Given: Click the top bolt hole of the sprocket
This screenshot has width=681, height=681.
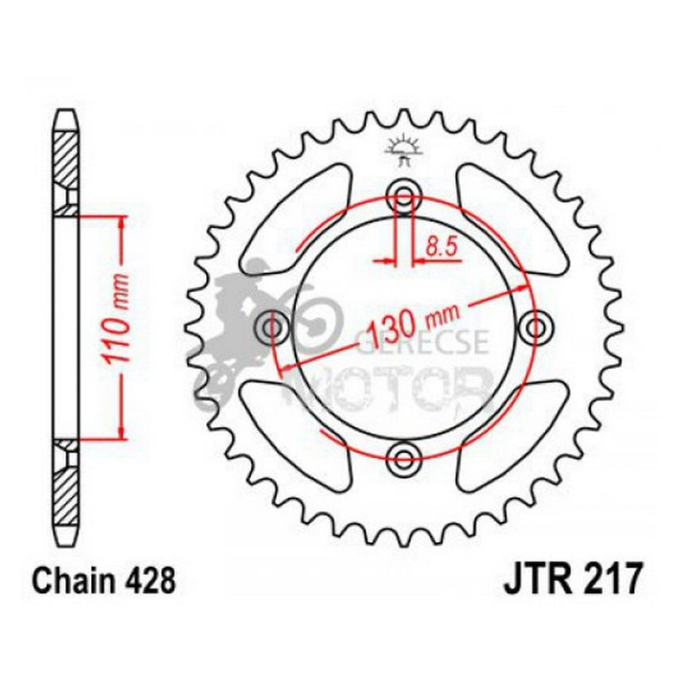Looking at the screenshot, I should tap(404, 196).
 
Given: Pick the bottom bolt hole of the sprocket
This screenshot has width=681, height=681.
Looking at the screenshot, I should tap(404, 458).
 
